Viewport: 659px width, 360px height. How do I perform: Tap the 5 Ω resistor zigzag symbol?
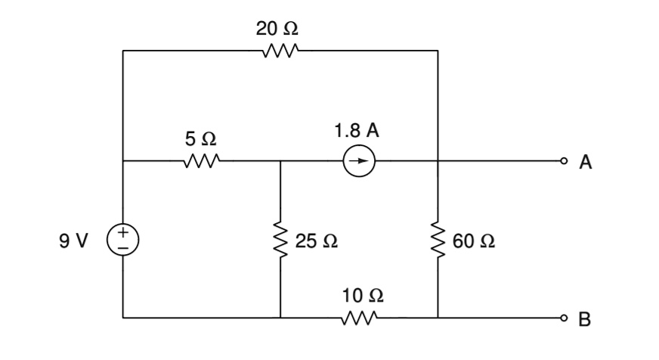(x=201, y=161)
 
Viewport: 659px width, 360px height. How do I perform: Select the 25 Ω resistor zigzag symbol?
(x=280, y=241)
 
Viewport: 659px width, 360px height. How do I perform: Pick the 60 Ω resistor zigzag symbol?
(x=438, y=241)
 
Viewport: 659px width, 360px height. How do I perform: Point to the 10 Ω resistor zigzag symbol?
(x=359, y=318)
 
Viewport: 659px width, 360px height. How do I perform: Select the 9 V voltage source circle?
(x=122, y=241)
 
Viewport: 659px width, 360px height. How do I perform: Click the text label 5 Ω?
(x=200, y=138)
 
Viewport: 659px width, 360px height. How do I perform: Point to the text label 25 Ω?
(x=316, y=241)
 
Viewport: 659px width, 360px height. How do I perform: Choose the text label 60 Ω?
(x=475, y=241)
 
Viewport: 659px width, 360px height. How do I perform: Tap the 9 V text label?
(x=73, y=241)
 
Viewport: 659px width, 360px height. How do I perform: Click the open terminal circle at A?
(x=563, y=161)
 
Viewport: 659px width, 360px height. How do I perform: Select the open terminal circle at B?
(x=563, y=318)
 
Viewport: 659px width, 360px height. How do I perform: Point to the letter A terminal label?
(x=585, y=162)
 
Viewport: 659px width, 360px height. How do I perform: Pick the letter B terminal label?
(x=585, y=319)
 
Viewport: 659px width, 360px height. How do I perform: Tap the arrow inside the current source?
(x=360, y=161)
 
